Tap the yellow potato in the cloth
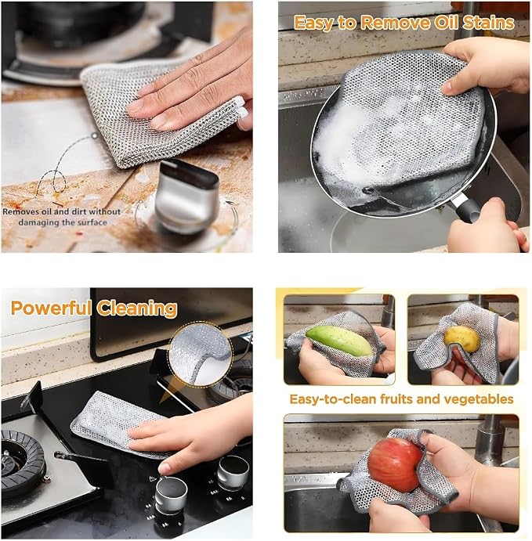tap(461, 339)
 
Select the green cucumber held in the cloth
tap(340, 341)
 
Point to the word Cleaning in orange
tap(137, 308)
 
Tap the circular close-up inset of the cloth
tap(200, 354)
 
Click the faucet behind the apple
tap(490, 438)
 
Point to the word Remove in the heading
tap(395, 23)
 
